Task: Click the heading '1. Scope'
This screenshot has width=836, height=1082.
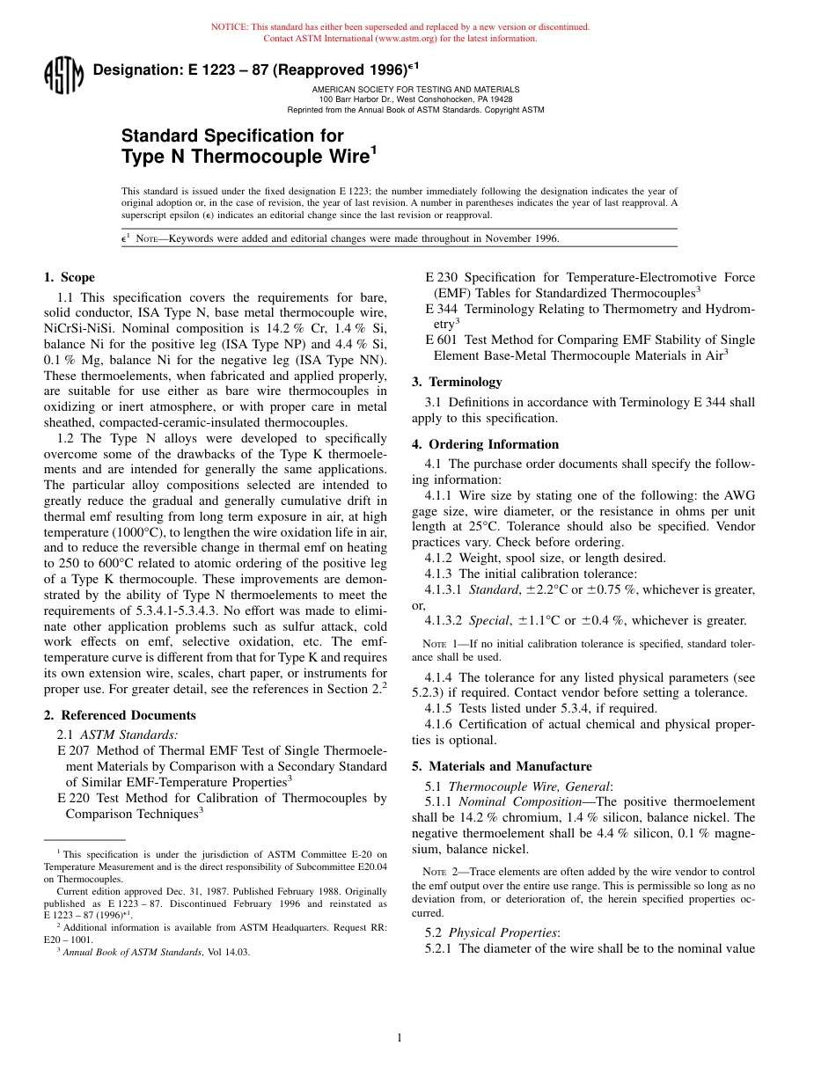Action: point(70,277)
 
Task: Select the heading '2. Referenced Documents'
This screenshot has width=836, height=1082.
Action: point(120,715)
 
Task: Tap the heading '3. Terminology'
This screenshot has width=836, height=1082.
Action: point(457,382)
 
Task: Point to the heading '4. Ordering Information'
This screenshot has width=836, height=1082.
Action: point(485,444)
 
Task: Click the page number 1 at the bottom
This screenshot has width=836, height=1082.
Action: point(400,1038)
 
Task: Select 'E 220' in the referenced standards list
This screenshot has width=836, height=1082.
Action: point(74,798)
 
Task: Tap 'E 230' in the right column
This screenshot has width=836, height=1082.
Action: point(442,277)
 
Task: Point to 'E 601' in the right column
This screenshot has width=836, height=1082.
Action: point(442,340)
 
